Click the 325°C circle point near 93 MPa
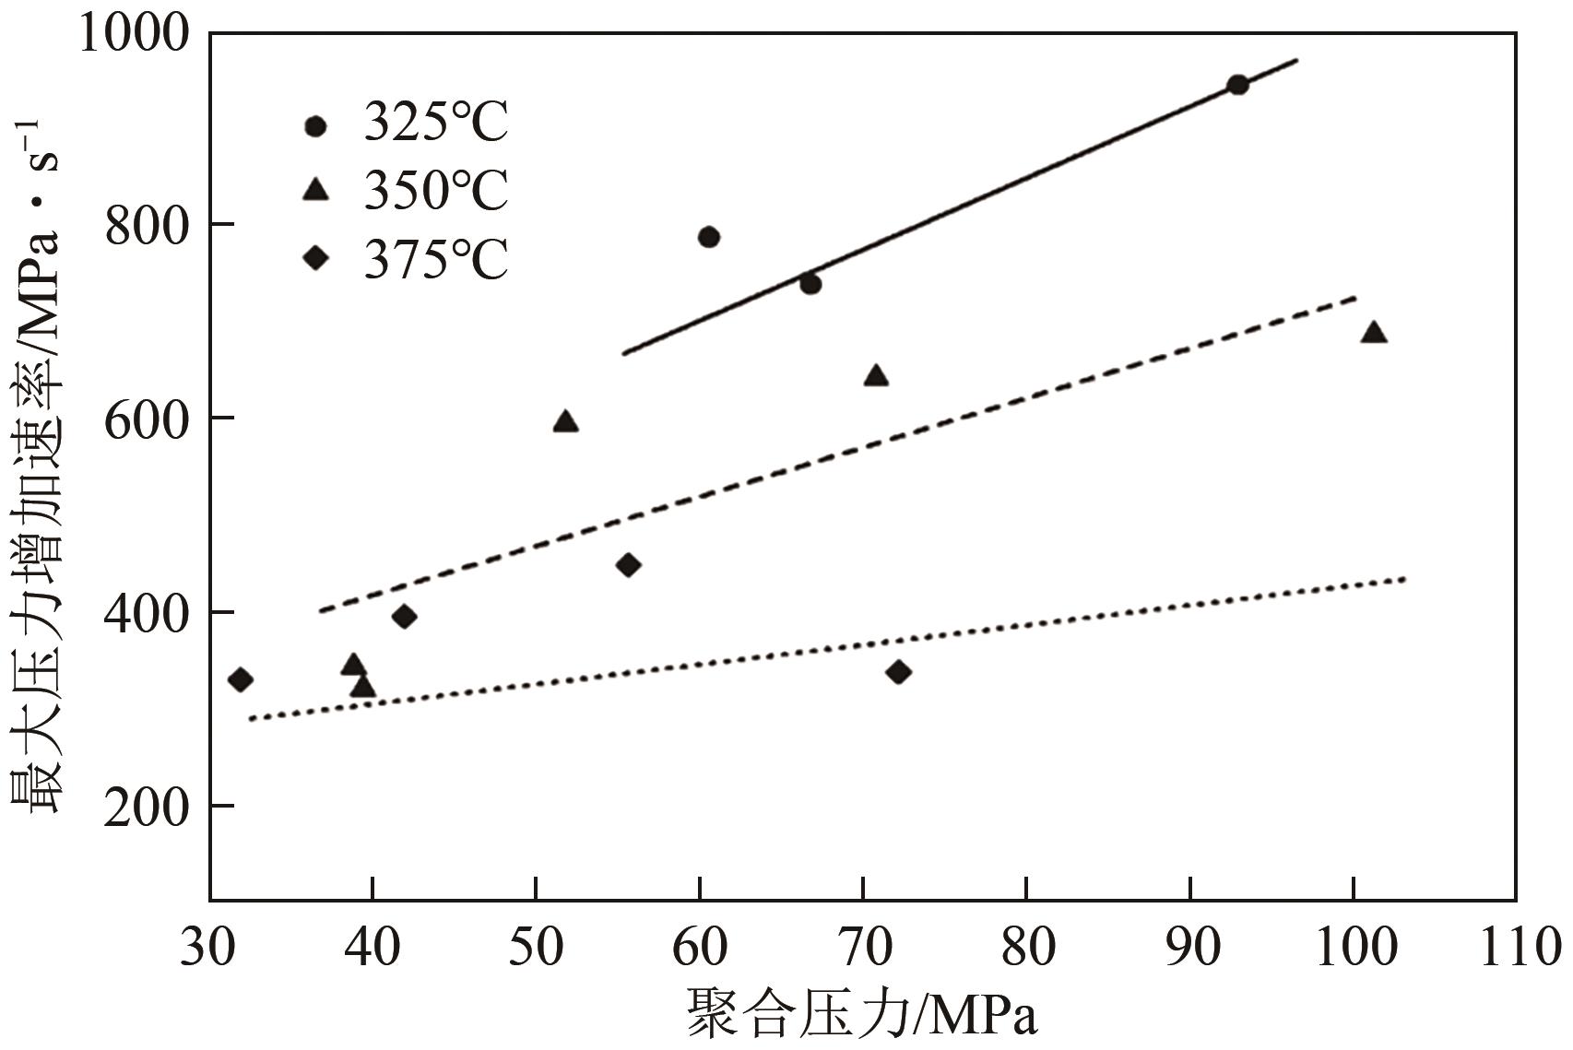pos(1237,85)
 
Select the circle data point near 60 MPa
pos(709,237)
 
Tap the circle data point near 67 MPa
pos(810,284)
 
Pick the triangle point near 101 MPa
pos(1374,333)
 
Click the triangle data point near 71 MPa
pos(876,376)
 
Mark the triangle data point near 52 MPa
pos(565,422)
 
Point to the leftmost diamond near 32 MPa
pos(240,680)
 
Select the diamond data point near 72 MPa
pos(898,672)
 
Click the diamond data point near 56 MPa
pos(628,565)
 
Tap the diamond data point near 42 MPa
pos(404,617)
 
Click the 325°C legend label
pos(436,124)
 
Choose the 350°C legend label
pos(436,192)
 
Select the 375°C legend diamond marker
pos(316,258)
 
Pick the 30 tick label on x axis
pos(210,948)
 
